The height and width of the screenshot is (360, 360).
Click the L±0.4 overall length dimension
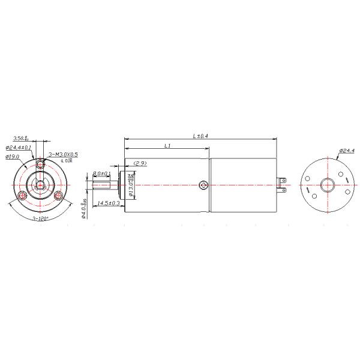click(x=200, y=136)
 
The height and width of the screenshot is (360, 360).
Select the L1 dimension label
click(x=168, y=146)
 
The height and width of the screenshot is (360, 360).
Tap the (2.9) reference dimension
click(x=140, y=163)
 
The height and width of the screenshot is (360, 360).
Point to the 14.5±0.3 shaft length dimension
click(x=108, y=203)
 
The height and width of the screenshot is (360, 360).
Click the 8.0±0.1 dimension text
click(x=101, y=173)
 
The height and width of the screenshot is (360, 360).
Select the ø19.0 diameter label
click(x=13, y=156)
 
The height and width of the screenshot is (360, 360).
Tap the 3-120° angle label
click(x=41, y=218)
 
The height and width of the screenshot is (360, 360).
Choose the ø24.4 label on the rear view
click(x=347, y=150)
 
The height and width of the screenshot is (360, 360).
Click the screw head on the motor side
click(x=204, y=185)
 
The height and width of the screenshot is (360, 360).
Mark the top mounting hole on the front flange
click(x=41, y=164)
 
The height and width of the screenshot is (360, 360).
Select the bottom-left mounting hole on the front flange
click(x=23, y=196)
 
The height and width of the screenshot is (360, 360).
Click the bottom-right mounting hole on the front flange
click(x=59, y=196)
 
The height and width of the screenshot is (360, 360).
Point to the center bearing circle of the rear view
click(x=328, y=185)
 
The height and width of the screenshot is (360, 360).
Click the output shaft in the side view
click(x=102, y=185)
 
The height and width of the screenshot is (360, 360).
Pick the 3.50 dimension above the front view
click(x=20, y=138)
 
